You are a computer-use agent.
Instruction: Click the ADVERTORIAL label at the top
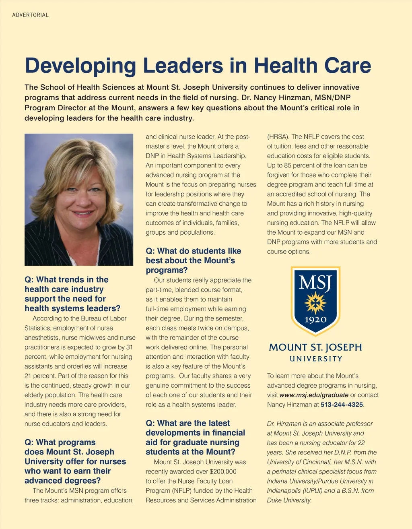click(x=30, y=15)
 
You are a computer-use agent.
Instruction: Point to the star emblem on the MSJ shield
click(x=315, y=303)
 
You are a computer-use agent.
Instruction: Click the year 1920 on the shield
click(x=315, y=320)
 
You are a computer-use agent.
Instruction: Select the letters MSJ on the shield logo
click(x=315, y=283)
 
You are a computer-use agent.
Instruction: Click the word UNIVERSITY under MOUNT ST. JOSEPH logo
click(x=316, y=359)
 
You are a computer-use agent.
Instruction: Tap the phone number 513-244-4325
click(x=342, y=405)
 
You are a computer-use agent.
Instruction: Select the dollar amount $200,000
click(x=223, y=471)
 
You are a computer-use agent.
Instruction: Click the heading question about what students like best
click(x=194, y=260)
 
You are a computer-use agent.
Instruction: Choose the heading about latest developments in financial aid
click(x=196, y=438)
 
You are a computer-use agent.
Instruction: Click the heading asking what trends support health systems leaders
click(x=72, y=294)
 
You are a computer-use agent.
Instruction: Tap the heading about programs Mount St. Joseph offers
click(x=75, y=461)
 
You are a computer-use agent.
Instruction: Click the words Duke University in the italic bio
click(x=289, y=500)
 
